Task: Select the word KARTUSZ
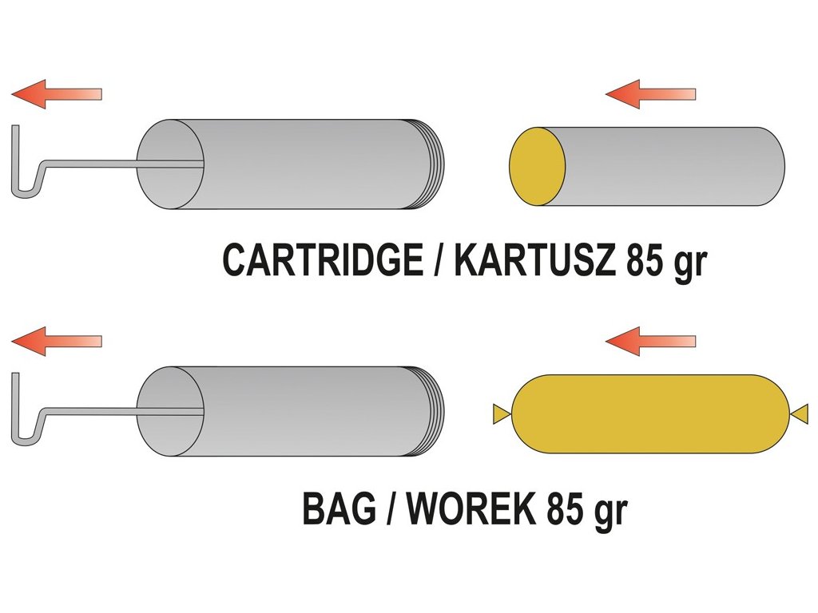534,260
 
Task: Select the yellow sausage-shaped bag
651,413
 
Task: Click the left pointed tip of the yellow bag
501,413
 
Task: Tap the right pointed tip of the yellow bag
800,413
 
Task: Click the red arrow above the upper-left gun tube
56,94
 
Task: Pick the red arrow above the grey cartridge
650,94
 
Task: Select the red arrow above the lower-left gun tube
56,342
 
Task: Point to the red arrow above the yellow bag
650,342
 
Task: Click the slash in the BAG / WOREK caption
389,508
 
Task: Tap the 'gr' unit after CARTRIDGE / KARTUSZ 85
690,263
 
